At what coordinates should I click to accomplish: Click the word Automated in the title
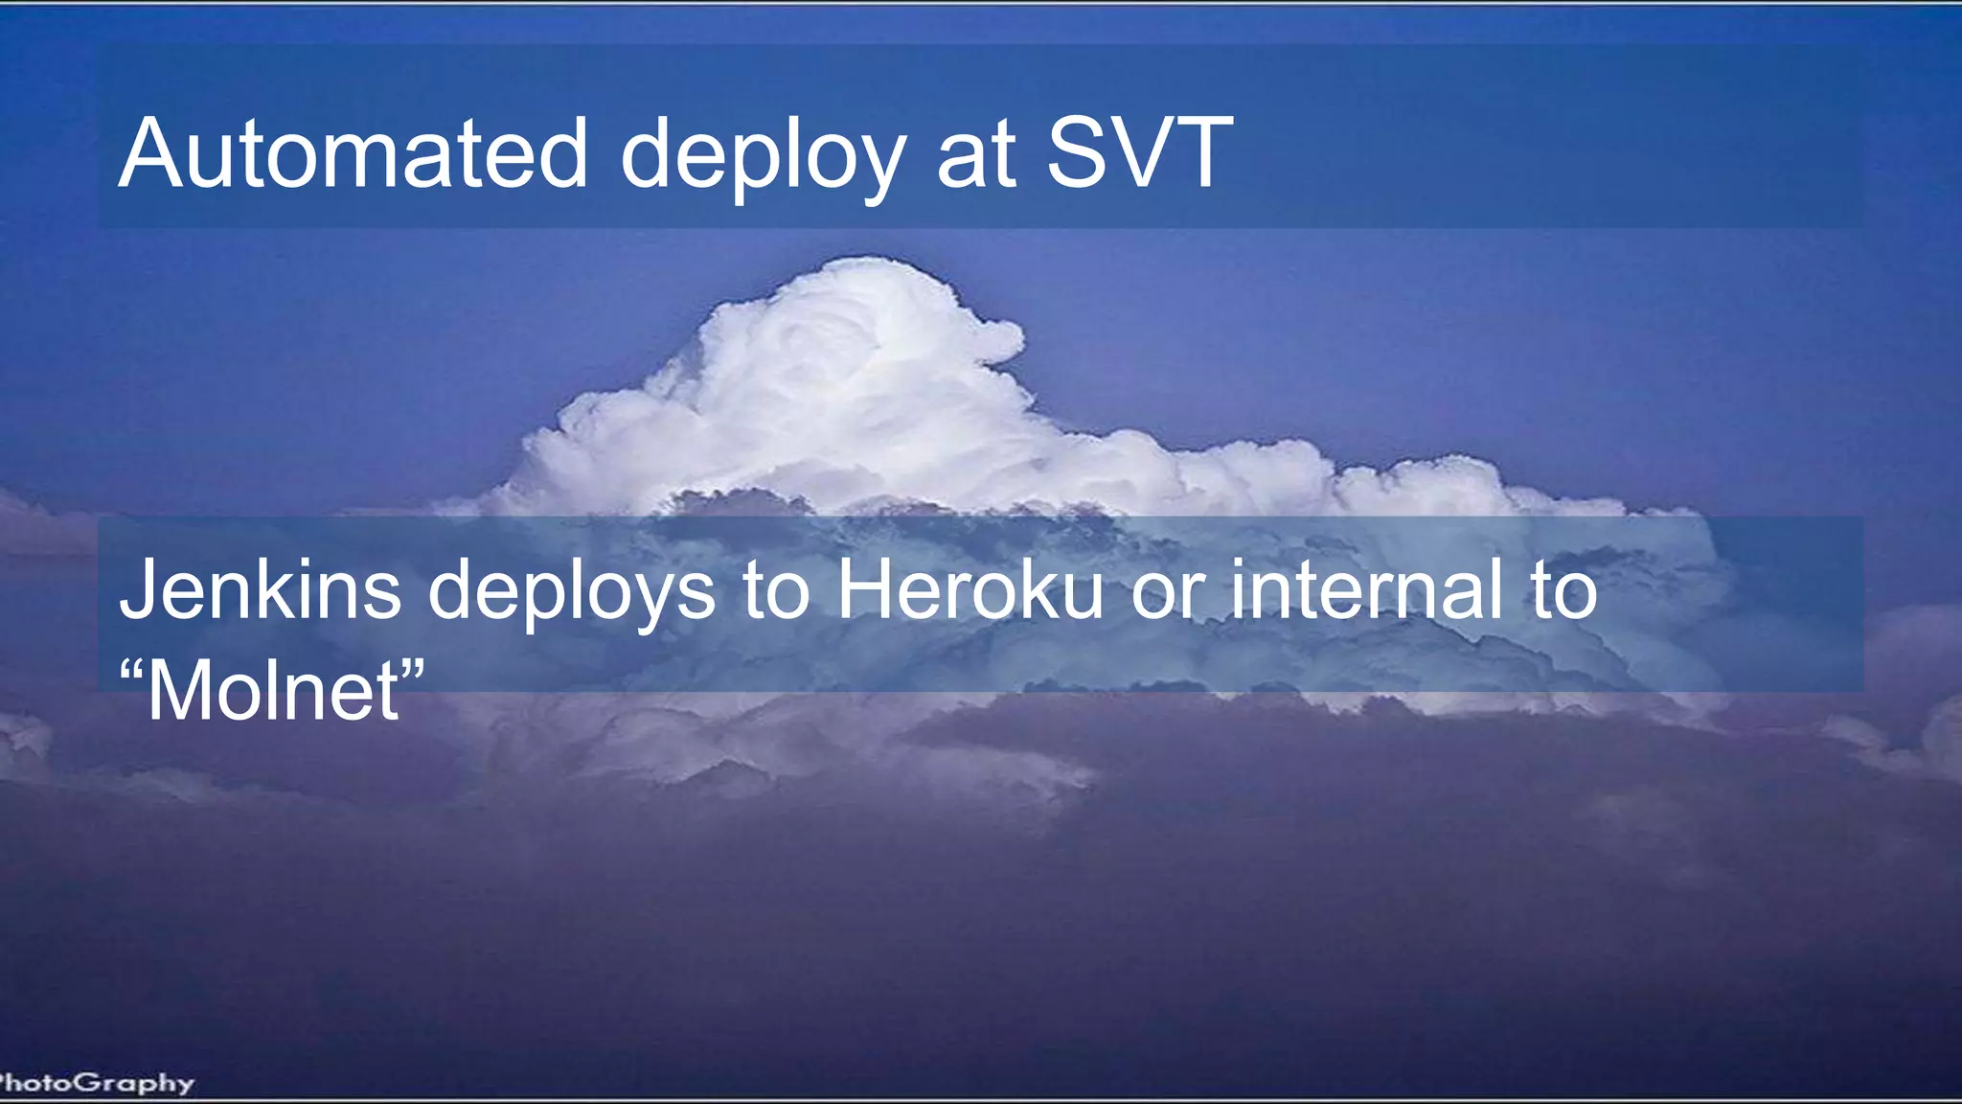[353, 153]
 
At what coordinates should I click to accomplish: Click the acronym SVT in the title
[1138, 153]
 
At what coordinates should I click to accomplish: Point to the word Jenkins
[260, 589]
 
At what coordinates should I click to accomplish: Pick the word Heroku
[970, 589]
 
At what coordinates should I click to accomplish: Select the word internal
[1366, 589]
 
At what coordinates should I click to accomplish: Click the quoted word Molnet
[272, 690]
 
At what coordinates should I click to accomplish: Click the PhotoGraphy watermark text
[96, 1083]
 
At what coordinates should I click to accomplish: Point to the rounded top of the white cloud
[867, 273]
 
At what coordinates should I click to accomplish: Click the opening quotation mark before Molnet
[132, 667]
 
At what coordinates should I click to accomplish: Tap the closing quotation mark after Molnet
[412, 667]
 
